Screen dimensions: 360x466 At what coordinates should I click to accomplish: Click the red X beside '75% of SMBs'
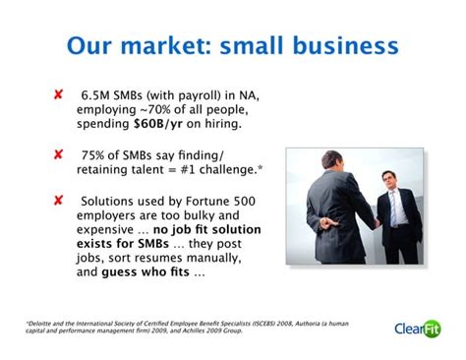[x=58, y=154]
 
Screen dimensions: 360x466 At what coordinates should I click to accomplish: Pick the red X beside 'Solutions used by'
[x=58, y=200]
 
